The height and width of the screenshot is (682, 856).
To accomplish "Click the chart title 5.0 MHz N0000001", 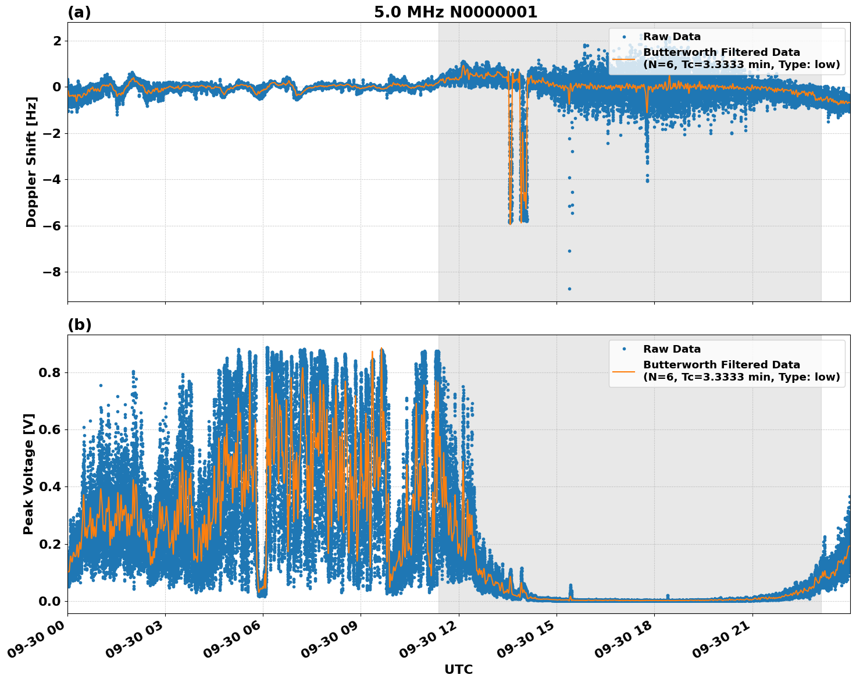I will pos(455,12).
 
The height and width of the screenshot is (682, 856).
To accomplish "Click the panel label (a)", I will pos(79,12).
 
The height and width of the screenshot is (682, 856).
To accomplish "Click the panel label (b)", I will pos(79,325).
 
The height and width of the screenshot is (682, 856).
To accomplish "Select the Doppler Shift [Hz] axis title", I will pos(31,162).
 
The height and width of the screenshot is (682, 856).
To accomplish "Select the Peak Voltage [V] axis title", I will pos(28,474).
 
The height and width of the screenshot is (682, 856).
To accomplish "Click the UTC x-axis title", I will pos(458,669).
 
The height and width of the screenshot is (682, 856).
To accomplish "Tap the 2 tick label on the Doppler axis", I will pos(57,41).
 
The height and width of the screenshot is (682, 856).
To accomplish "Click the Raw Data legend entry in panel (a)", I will pos(672,37).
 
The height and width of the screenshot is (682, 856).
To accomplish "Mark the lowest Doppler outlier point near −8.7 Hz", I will pos(569,289).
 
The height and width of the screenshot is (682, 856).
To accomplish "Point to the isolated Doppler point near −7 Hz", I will pos(569,251).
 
